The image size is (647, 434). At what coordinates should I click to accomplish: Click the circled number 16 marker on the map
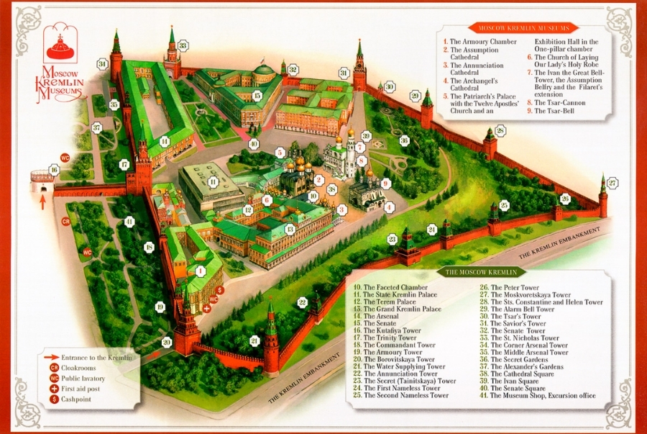coord(53,171)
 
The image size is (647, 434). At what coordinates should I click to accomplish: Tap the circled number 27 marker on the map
coord(612,183)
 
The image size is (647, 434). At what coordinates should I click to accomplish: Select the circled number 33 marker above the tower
coord(183,46)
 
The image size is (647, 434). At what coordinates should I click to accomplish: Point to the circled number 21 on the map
coord(254,340)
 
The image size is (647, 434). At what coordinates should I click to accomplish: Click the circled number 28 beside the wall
coord(500,130)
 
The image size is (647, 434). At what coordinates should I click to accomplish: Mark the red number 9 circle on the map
coord(385,184)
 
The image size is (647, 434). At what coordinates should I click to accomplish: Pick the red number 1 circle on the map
coord(201,271)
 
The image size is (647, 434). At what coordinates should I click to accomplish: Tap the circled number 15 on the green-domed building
coord(257,95)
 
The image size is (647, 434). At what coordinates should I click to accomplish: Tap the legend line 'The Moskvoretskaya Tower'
coord(529,295)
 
